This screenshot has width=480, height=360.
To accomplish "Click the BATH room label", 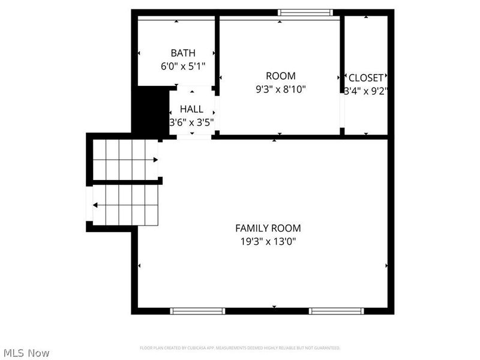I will pyautogui.click(x=182, y=53).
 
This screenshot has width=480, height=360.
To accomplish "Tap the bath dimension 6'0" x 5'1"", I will pyautogui.click(x=183, y=66).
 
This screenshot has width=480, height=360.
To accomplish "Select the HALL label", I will pyautogui.click(x=191, y=110).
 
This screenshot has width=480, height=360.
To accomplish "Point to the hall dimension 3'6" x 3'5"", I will pyautogui.click(x=191, y=122).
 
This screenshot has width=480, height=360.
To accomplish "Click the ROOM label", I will pyautogui.click(x=280, y=76).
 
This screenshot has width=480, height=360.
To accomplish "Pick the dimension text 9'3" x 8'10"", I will pyautogui.click(x=280, y=89).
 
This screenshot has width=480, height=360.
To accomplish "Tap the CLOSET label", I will pyautogui.click(x=365, y=78).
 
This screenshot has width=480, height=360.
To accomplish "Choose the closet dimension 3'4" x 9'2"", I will pyautogui.click(x=366, y=91).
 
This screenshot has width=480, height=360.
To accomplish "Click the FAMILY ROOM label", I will pyautogui.click(x=268, y=229).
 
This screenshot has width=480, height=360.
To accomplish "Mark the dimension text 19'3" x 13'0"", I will pyautogui.click(x=268, y=242).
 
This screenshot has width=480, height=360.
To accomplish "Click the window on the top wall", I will pyautogui.click(x=305, y=13).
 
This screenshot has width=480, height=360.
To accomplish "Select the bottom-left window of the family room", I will pyautogui.click(x=197, y=311).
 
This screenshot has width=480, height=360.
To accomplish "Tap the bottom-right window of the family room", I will pyautogui.click(x=336, y=311).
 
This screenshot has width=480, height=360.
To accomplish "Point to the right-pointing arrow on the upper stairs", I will pyautogui.click(x=155, y=160).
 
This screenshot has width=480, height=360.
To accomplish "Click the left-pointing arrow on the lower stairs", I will pyautogui.click(x=96, y=205).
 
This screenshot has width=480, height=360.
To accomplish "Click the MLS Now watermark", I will pyautogui.click(x=26, y=353).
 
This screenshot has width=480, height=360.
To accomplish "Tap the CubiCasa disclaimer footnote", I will pyautogui.click(x=240, y=348).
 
